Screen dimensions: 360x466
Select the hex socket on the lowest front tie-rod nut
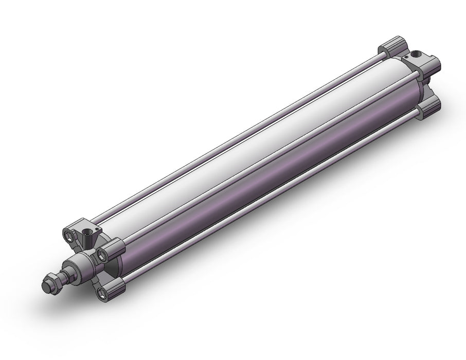[107, 293]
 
